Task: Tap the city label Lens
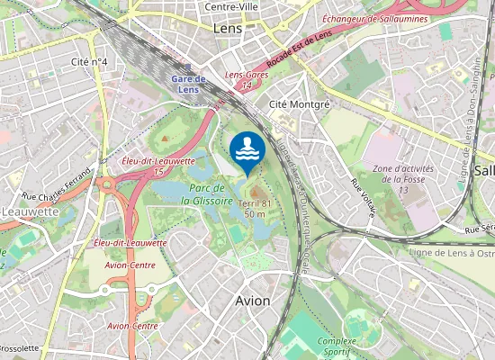[228, 29]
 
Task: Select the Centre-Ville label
[233, 6]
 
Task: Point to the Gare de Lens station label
[188, 84]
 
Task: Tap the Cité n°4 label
[89, 61]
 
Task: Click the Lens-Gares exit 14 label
[246, 80]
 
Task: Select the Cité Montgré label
[300, 103]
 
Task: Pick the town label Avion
[252, 301]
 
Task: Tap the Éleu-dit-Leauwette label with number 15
[157, 166]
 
